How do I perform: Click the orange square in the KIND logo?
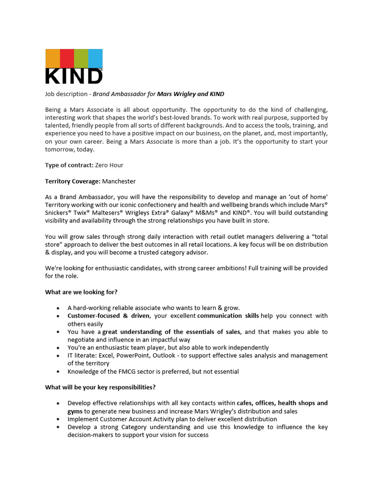click(52, 58)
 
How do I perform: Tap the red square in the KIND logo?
click(67, 58)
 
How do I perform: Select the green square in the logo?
click(81, 58)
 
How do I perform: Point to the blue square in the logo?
click(96, 58)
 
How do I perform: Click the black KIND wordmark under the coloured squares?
click(73, 76)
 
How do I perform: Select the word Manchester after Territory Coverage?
click(119, 181)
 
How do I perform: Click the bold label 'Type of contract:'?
click(69, 165)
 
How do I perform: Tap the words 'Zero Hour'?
click(109, 165)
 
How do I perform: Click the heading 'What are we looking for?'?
click(81, 292)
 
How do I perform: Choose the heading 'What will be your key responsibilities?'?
click(101, 387)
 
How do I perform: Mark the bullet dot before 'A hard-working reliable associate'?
click(58, 308)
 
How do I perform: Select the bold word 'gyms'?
click(75, 411)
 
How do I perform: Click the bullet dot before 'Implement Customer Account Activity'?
click(58, 419)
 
